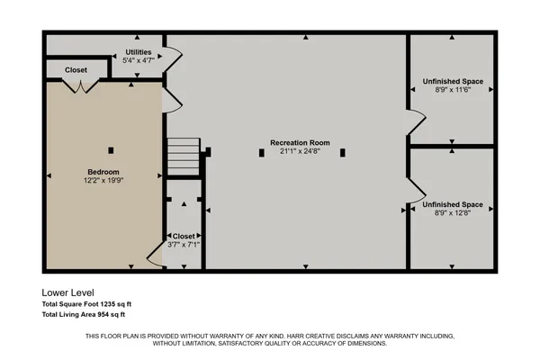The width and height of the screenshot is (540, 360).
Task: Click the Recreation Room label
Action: point(300,143)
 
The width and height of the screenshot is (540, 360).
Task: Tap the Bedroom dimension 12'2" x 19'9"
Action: point(103,180)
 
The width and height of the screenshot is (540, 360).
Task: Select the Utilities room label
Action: point(138,52)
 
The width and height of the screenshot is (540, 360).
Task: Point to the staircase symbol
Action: point(183,157)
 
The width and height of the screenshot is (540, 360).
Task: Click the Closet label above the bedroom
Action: point(76,69)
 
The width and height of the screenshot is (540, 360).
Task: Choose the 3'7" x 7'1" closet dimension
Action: point(183,244)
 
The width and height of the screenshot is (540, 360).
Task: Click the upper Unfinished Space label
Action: point(453,82)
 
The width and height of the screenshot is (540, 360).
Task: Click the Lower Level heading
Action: point(67,292)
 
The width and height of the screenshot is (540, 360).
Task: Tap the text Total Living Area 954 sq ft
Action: point(84,315)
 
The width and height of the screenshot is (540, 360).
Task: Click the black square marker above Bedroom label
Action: point(111,150)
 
